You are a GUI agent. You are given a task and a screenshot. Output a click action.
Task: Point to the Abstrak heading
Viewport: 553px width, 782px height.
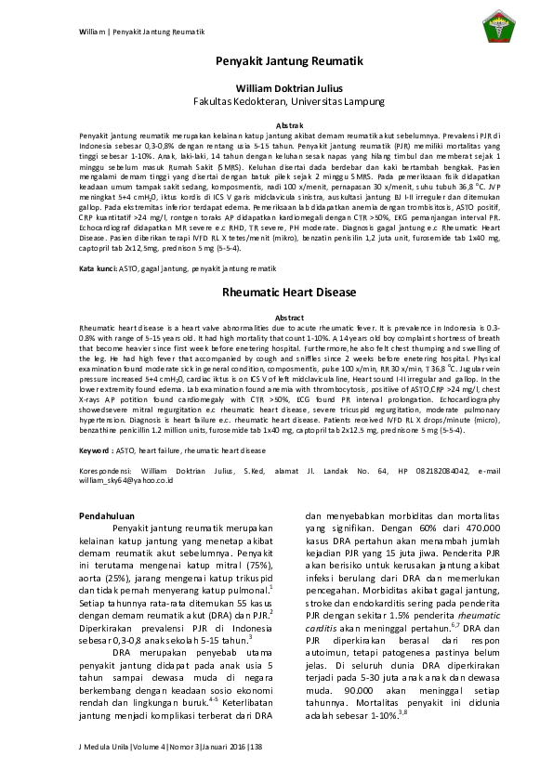(x=277, y=124)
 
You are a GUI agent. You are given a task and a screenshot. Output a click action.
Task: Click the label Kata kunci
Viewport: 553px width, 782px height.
(x=96, y=267)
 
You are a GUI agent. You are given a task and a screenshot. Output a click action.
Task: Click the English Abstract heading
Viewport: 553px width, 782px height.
(x=277, y=318)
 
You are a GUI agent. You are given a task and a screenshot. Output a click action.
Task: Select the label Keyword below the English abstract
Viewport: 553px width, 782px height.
(x=95, y=450)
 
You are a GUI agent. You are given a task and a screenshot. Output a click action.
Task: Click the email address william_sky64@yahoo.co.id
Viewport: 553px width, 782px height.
(x=121, y=482)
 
